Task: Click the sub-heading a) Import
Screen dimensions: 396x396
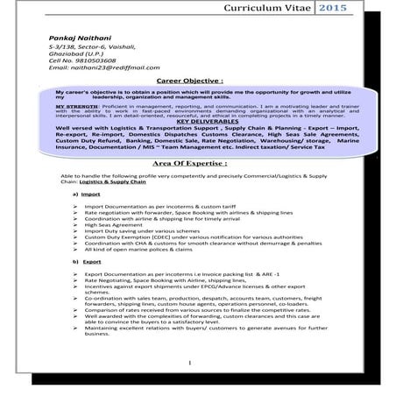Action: (x=91, y=193)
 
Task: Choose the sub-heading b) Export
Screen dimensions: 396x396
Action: (x=91, y=262)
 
